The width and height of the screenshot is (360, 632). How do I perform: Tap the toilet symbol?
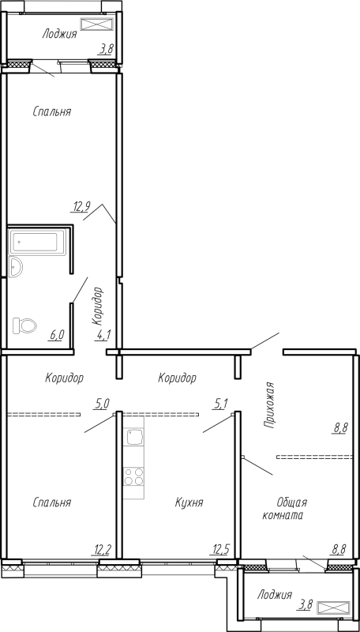(x=26, y=325)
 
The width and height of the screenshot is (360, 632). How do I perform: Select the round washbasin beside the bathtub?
(x=17, y=266)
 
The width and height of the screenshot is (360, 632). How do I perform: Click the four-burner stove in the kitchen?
(x=133, y=476)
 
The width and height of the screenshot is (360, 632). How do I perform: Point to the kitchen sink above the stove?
(x=133, y=437)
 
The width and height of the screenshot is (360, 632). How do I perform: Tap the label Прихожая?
(x=269, y=404)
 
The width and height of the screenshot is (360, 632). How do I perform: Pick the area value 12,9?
(x=82, y=207)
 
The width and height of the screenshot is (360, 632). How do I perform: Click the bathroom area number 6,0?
(x=57, y=335)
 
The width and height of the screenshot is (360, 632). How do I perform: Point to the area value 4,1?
(x=103, y=335)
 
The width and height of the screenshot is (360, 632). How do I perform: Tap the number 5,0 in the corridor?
(x=102, y=404)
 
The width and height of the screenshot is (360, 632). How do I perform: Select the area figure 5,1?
(x=221, y=404)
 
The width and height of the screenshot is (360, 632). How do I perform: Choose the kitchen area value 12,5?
(x=220, y=549)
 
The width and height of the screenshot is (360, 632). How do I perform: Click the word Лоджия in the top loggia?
(x=59, y=34)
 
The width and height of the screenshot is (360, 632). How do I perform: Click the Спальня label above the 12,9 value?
(x=52, y=111)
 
